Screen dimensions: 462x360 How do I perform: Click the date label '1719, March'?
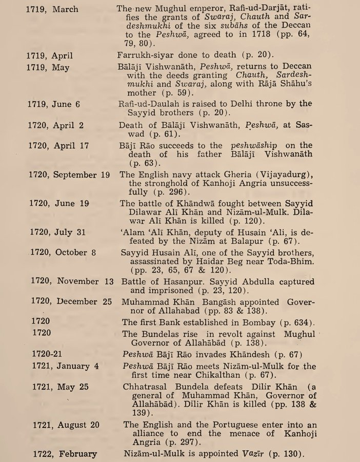tap(53, 9)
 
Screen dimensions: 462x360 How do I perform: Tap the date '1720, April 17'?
tap(57, 146)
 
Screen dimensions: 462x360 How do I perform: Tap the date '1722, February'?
tap(64, 454)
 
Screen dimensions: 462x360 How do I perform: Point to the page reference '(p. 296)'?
tap(154, 192)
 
